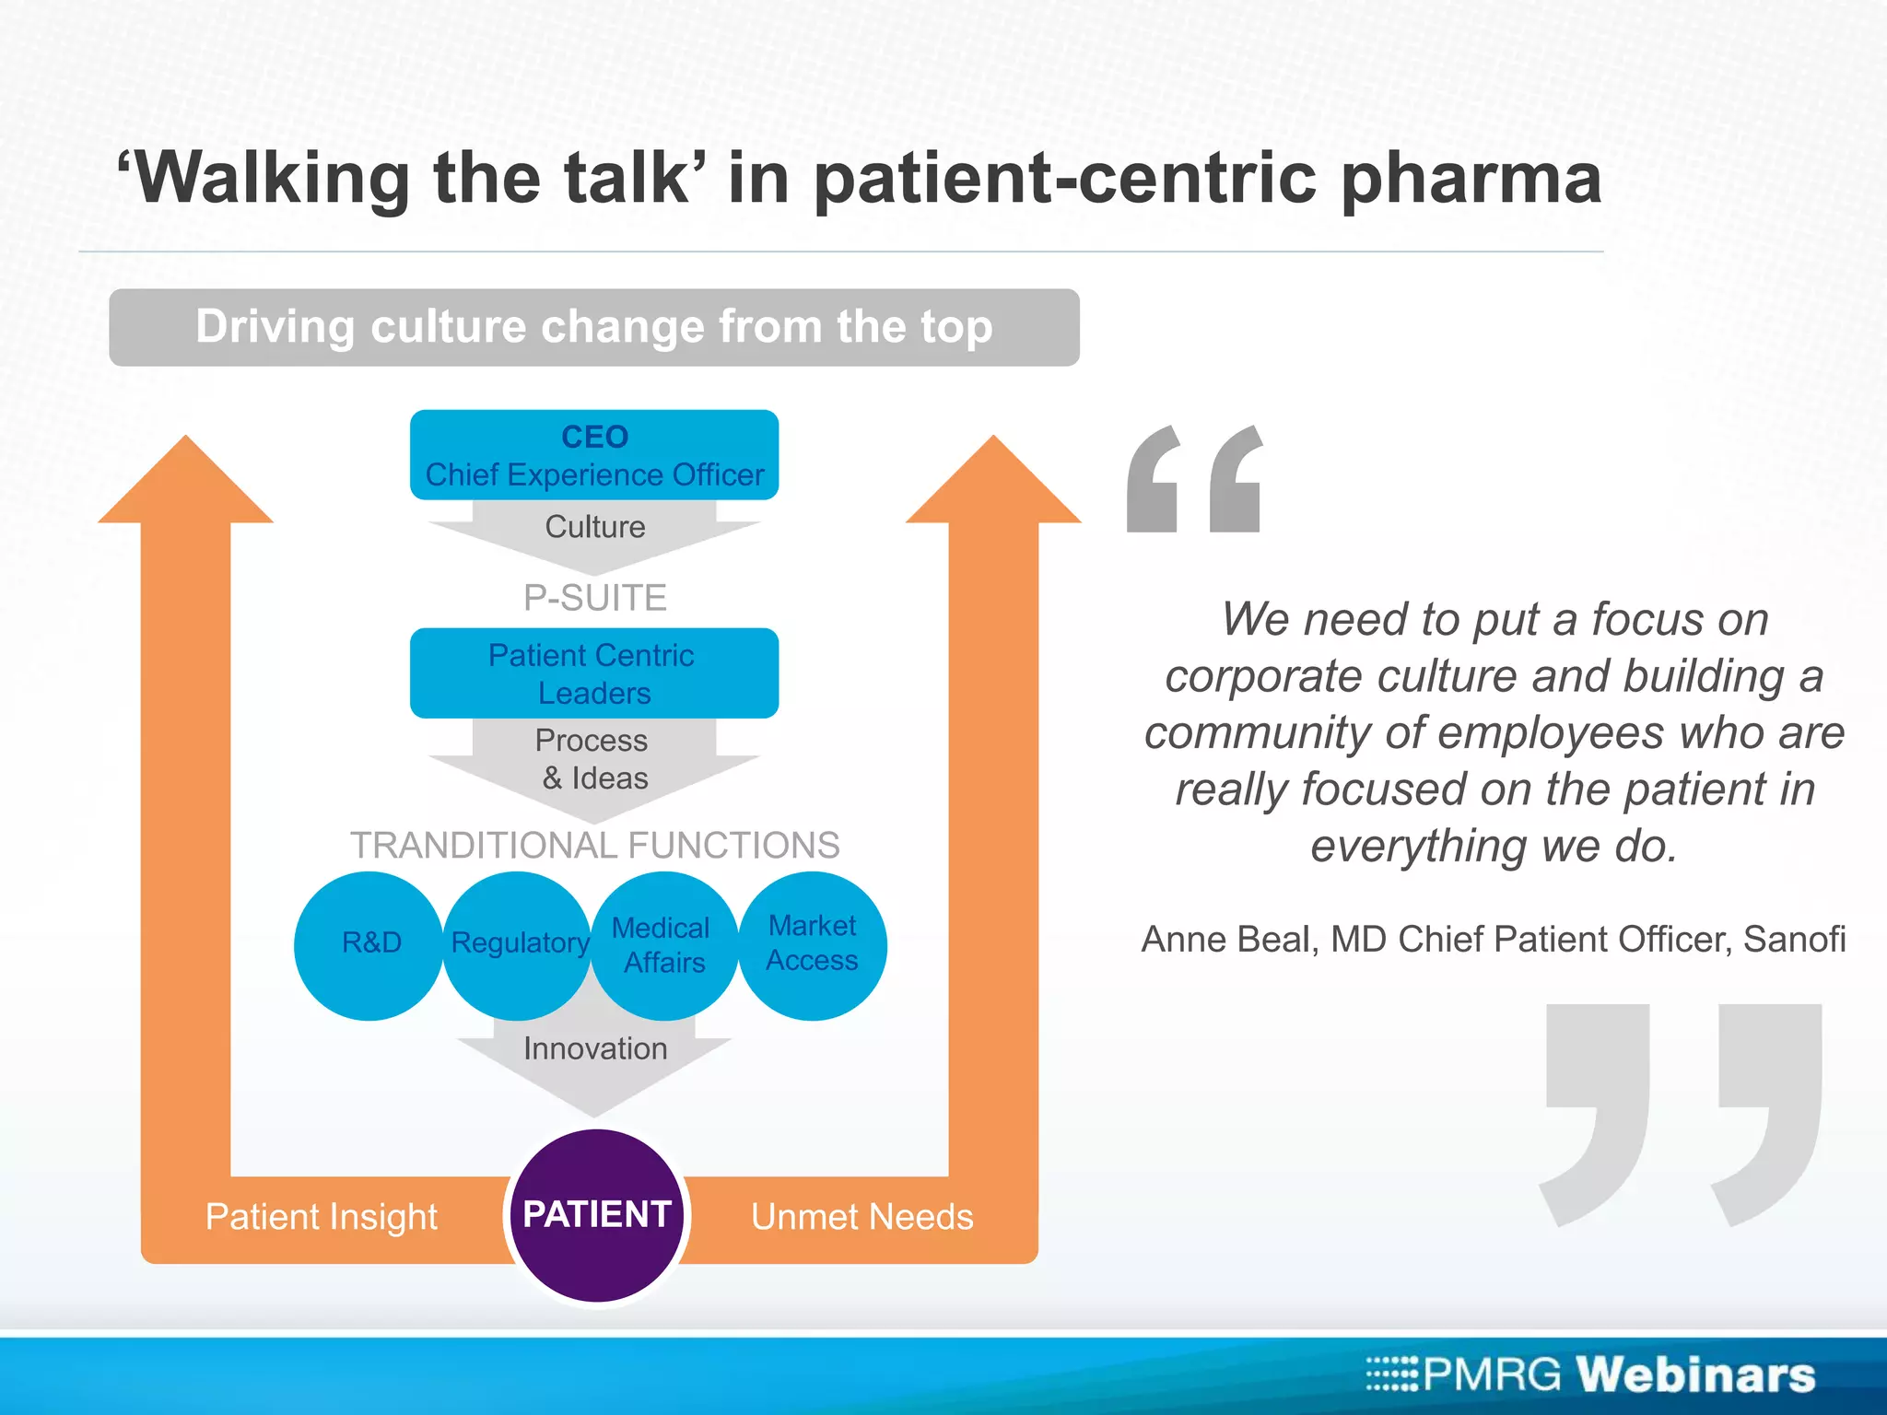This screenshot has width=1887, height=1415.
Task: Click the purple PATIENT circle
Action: point(597,1214)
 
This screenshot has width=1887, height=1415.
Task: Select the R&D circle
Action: point(369,945)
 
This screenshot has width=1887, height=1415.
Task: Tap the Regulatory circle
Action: point(518,945)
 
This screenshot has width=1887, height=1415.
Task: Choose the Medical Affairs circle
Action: point(663,945)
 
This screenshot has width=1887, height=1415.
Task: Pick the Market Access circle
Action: point(813,945)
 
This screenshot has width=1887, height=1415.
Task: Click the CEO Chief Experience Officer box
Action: point(594,455)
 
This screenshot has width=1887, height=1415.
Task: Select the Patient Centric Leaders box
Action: point(594,673)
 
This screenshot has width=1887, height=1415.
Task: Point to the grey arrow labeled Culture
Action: point(594,529)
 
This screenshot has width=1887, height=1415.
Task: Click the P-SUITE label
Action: point(594,599)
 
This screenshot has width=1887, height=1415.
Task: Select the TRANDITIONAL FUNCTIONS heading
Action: point(594,846)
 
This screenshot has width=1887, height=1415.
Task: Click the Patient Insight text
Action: point(321,1217)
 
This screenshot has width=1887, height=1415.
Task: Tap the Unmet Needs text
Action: point(861,1217)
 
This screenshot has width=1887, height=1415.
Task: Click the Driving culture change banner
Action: point(594,328)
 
